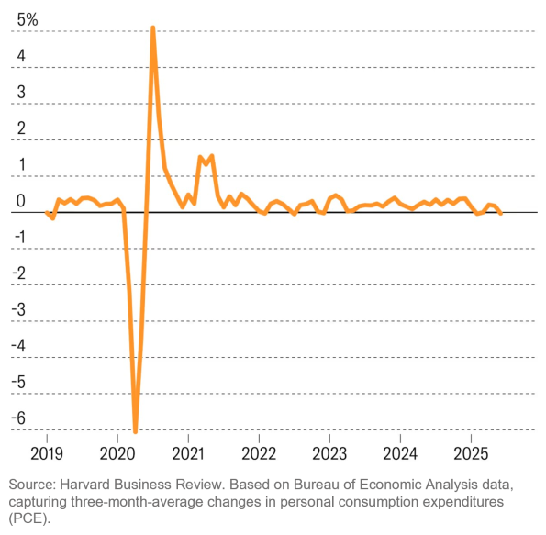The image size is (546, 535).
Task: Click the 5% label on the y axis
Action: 27,20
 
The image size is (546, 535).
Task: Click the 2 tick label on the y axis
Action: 20,128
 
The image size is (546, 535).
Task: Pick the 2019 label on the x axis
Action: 47,453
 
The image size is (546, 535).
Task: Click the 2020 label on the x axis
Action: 117,453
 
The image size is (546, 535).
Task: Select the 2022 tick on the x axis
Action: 259,453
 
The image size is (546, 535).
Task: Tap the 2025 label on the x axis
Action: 471,453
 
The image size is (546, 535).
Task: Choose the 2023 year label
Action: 329,453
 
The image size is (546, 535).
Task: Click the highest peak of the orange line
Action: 152,28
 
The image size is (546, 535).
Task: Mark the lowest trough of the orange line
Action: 135,431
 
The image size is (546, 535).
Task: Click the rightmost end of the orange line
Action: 501,213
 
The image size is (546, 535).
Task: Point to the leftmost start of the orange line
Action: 47,212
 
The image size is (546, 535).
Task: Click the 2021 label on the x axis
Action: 188,453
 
